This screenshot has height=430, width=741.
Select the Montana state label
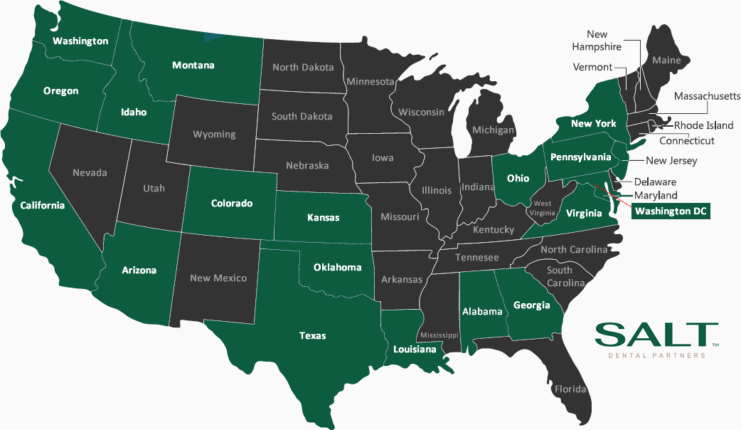pyautogui.click(x=193, y=65)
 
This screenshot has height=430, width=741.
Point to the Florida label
pyautogui.click(x=570, y=389)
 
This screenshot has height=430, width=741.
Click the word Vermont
pyautogui.click(x=592, y=67)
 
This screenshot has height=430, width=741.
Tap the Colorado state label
pyautogui.click(x=232, y=204)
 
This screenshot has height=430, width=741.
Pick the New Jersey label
pyautogui.click(x=671, y=161)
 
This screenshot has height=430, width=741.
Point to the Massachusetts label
pyautogui.click(x=707, y=96)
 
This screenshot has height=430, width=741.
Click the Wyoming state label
pyautogui.click(x=214, y=134)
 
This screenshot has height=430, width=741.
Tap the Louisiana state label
pyautogui.click(x=415, y=350)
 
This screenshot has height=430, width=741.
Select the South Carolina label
pyautogui.click(x=565, y=276)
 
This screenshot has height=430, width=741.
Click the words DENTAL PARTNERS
pyautogui.click(x=656, y=355)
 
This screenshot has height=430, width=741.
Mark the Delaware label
pyautogui.click(x=655, y=182)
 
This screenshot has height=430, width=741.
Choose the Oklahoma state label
pyautogui.click(x=338, y=268)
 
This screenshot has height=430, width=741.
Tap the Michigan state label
pyautogui.click(x=494, y=130)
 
